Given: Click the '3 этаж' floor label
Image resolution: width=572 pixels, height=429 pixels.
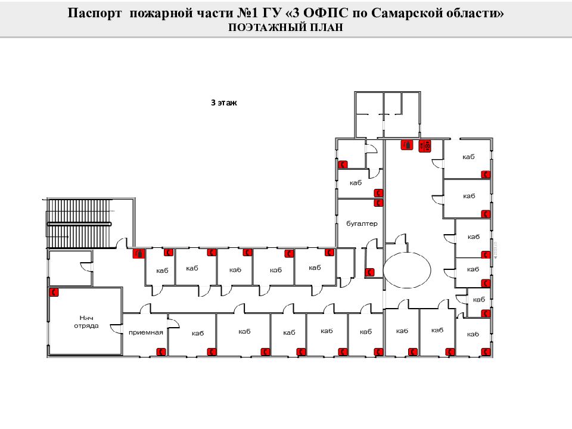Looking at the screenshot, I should (224, 102).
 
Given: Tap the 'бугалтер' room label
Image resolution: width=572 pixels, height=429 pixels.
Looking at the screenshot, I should (362, 223).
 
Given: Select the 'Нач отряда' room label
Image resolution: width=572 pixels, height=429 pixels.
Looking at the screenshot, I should (86, 322).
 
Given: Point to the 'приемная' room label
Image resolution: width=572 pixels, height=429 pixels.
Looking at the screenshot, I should (145, 332).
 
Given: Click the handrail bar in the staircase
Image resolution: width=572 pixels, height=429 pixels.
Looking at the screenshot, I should (79, 223).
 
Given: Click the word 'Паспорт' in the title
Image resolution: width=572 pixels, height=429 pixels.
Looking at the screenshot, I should (95, 14).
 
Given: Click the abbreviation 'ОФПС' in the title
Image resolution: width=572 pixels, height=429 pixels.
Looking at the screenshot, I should (323, 14).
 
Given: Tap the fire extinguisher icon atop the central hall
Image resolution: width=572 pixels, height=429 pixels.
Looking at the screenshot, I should (407, 144).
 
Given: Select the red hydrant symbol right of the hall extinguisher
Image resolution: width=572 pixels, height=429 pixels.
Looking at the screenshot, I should (425, 145).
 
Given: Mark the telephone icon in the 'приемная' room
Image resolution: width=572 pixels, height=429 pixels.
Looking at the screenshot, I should (160, 352).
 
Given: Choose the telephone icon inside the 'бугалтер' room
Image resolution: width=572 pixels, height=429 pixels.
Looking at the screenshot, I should (378, 203).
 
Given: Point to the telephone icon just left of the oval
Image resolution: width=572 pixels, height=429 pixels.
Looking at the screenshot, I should (370, 272).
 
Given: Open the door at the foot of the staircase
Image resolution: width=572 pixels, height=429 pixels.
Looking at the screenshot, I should (121, 244).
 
